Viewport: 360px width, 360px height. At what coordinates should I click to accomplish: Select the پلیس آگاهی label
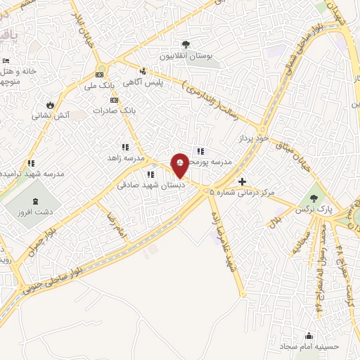[143, 82]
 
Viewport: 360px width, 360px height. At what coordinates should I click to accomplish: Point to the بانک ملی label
[98, 86]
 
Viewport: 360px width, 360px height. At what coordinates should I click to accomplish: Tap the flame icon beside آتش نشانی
[49, 105]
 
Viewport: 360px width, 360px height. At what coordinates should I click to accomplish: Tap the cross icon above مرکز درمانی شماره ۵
[243, 181]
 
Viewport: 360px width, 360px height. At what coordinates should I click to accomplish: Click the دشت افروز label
[37, 210]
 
